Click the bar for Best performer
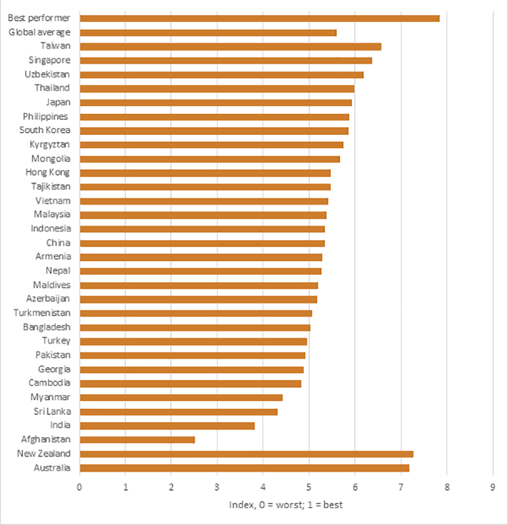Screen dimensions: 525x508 click(x=259, y=19)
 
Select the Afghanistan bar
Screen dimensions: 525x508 click(x=137, y=440)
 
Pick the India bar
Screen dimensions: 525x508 click(x=167, y=426)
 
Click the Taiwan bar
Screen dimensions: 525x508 click(x=230, y=46)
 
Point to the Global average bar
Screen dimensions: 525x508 click(x=208, y=33)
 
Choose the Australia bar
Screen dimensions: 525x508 click(x=244, y=468)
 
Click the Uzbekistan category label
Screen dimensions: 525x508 click(x=47, y=74)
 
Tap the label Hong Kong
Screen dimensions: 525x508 click(x=48, y=173)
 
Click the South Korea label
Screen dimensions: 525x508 click(x=45, y=130)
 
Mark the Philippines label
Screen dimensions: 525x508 click(x=45, y=117)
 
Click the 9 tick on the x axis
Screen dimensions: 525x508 click(x=493, y=485)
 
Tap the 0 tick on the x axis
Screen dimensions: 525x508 click(x=80, y=485)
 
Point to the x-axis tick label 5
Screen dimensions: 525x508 click(x=309, y=485)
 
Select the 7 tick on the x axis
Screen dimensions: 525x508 click(x=401, y=485)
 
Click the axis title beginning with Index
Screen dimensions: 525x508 click(x=286, y=504)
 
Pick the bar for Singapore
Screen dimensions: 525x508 click(x=226, y=60)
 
